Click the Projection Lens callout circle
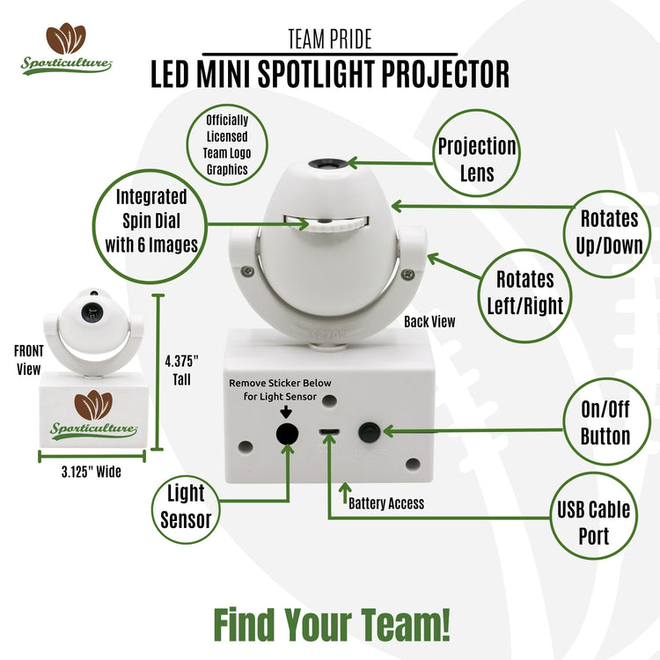[x=477, y=158]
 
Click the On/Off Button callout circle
[x=605, y=425]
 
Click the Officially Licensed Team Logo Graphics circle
[x=227, y=144]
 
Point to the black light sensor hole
[x=285, y=434]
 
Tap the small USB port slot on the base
[x=329, y=432]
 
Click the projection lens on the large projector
[x=327, y=163]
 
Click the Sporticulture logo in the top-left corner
[x=66, y=51]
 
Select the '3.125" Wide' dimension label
[x=92, y=473]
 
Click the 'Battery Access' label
[x=385, y=503]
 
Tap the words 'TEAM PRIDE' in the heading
[x=330, y=39]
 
